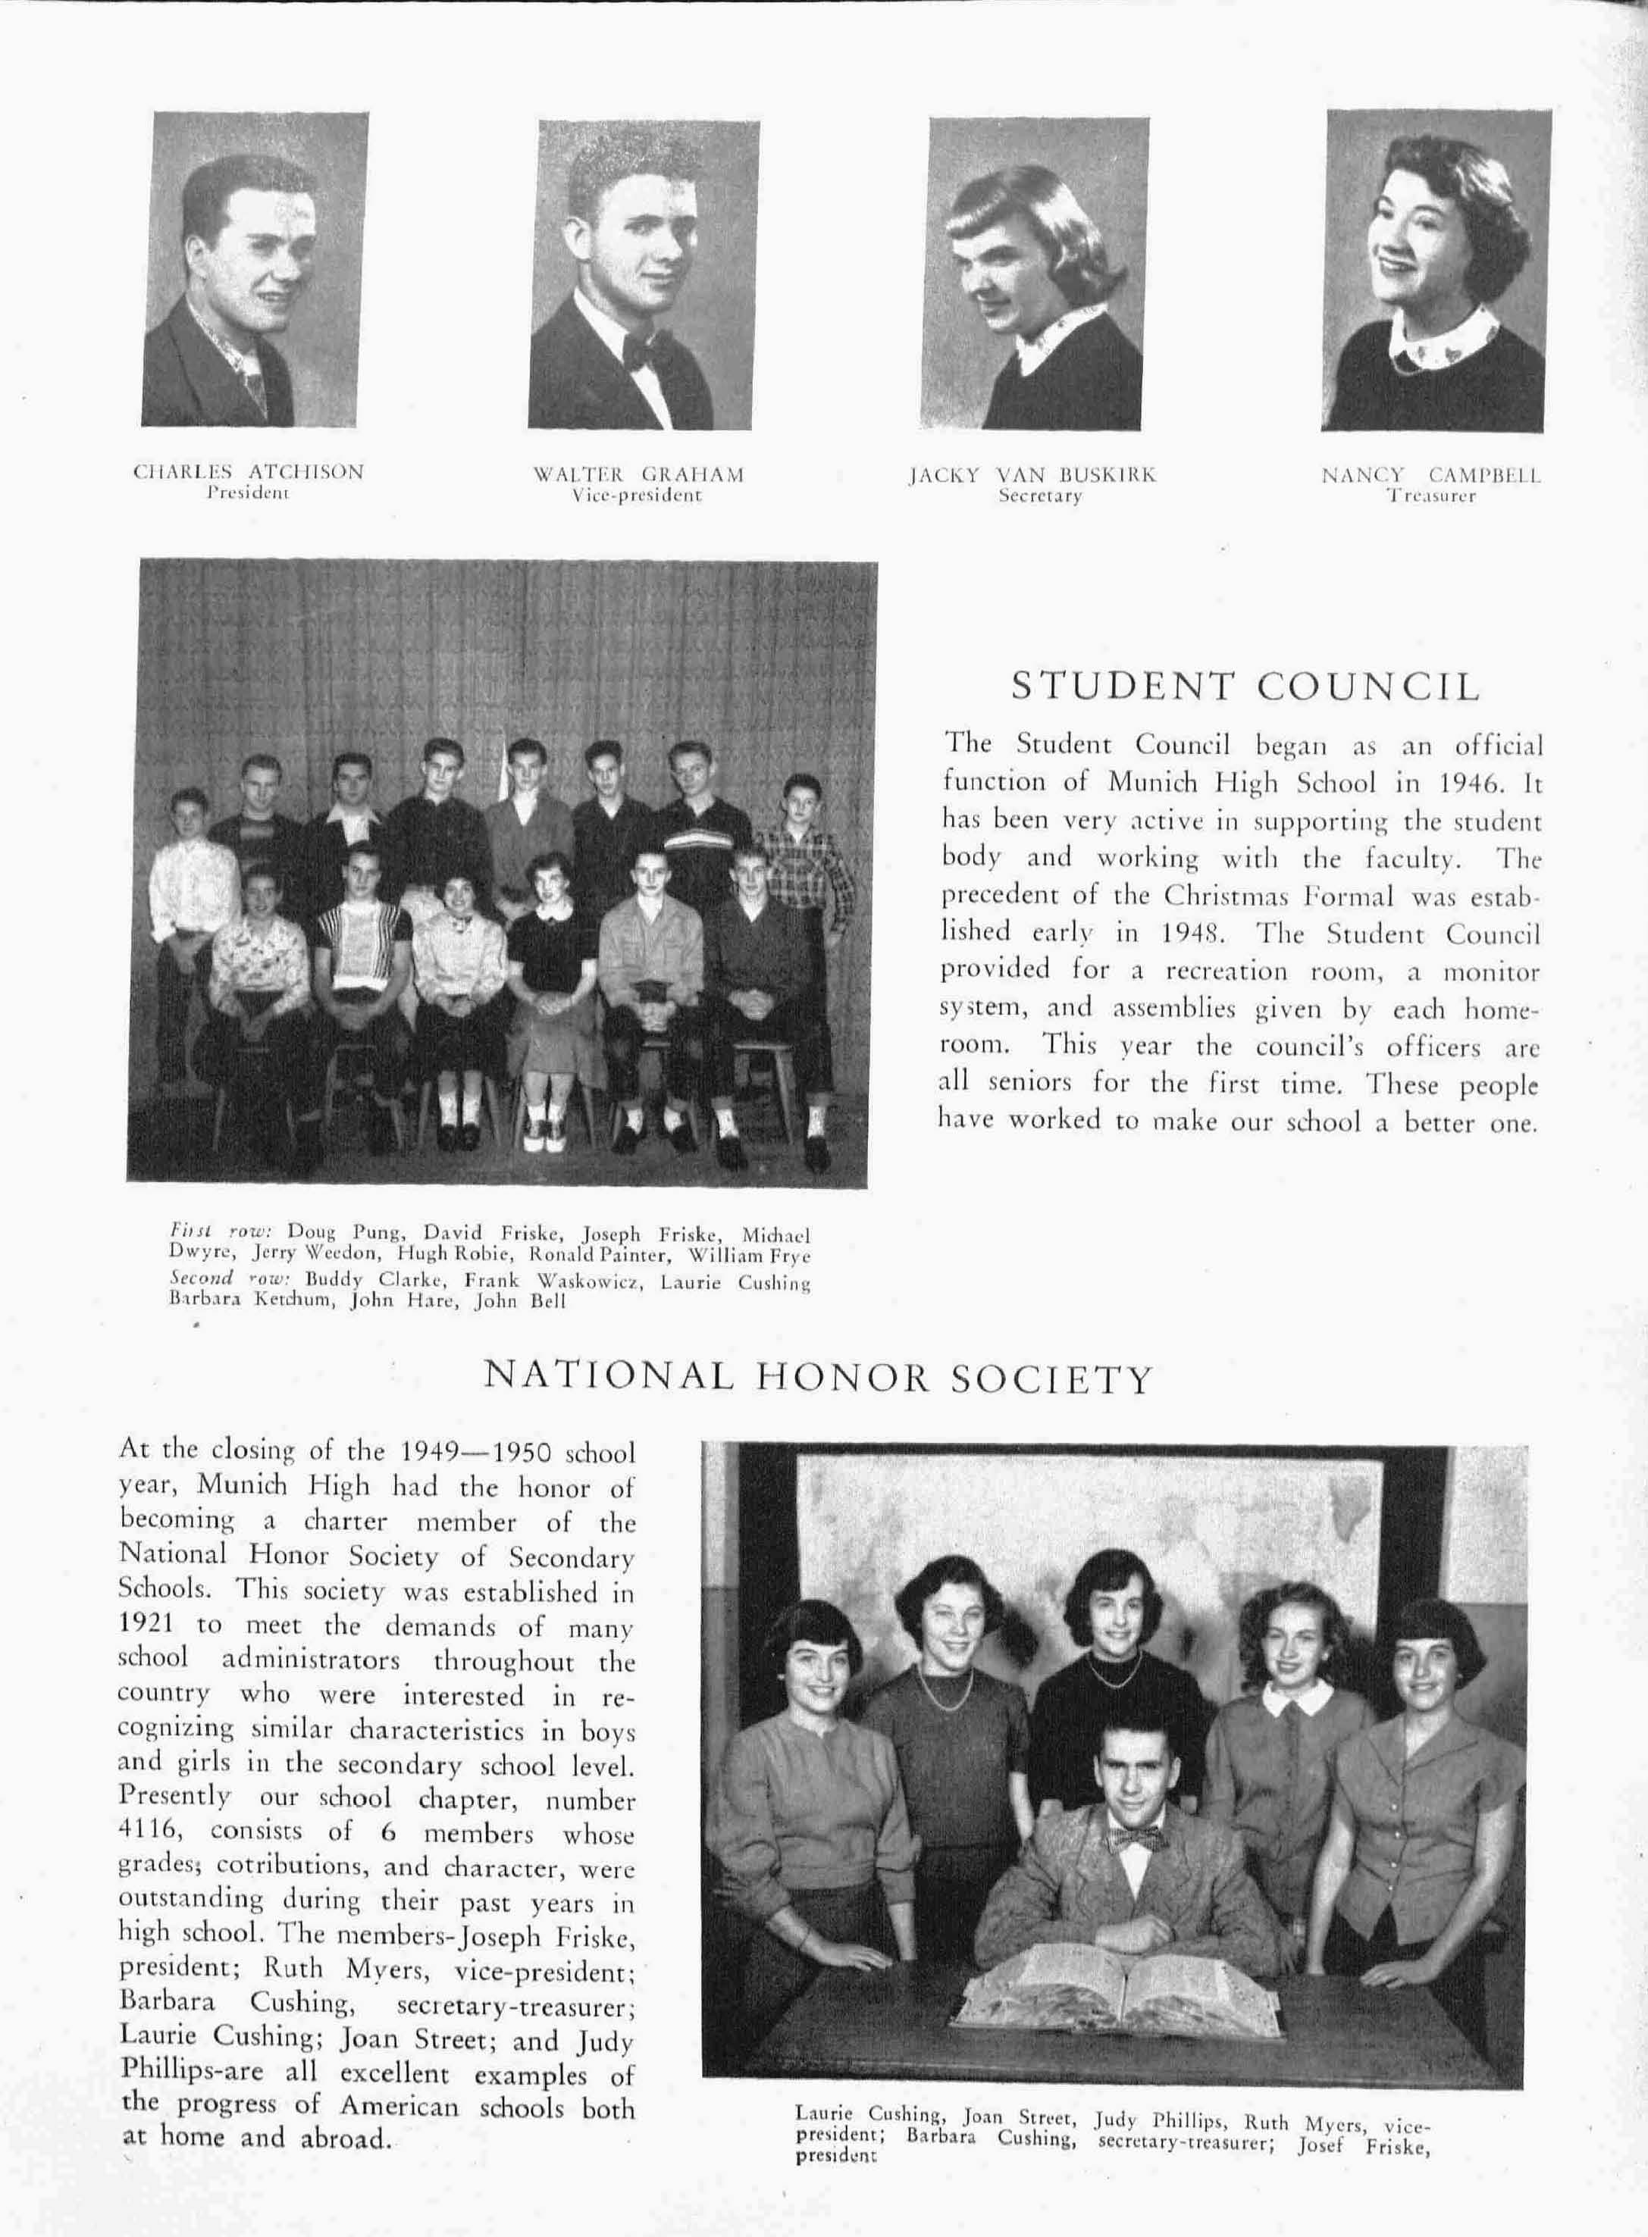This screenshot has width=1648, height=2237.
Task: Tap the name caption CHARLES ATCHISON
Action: point(249,472)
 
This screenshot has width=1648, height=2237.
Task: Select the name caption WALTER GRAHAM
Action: point(638,474)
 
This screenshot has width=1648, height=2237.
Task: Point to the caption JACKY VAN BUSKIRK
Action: point(1032,476)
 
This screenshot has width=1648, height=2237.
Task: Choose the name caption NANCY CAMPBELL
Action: point(1430,476)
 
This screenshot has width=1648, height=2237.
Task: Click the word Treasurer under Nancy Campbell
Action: point(1430,496)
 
